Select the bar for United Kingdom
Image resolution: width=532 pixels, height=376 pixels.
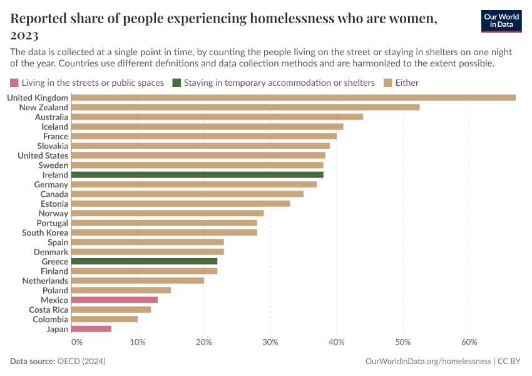(x=293, y=98)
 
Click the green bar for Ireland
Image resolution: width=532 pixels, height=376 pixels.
(x=197, y=175)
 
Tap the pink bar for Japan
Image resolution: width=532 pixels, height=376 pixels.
(x=91, y=329)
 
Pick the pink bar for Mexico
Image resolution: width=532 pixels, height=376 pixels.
(x=115, y=300)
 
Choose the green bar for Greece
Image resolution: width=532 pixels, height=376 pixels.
(x=144, y=261)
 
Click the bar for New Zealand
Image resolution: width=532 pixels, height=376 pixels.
(x=245, y=107)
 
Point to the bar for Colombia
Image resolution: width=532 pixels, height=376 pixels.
(x=105, y=320)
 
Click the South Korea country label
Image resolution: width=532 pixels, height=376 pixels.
(x=45, y=232)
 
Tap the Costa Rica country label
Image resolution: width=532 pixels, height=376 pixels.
(x=48, y=310)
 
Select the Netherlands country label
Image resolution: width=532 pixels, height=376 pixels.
(x=45, y=281)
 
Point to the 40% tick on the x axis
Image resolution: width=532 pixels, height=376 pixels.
(x=337, y=342)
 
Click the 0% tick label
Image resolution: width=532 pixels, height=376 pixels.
(x=76, y=342)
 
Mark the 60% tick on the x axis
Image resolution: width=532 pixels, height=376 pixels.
(x=469, y=342)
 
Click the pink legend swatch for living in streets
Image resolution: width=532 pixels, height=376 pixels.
(x=14, y=83)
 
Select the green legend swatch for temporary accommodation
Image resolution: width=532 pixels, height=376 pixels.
(x=178, y=83)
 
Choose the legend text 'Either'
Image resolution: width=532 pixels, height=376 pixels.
(x=407, y=83)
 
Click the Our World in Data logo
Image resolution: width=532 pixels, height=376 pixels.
(x=501, y=21)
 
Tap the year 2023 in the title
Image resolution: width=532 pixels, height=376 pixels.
(x=24, y=34)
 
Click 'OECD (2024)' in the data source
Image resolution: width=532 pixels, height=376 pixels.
(x=81, y=362)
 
